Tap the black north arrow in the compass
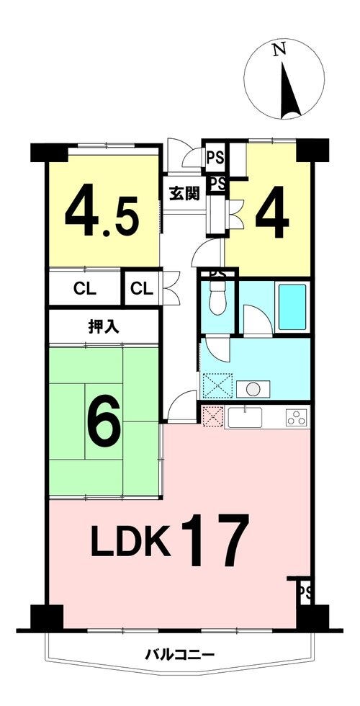[289, 89]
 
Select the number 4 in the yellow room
[272, 213]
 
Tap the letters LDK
[131, 545]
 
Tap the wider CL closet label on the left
[85, 290]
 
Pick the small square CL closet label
[142, 290]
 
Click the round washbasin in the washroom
[253, 389]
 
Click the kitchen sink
[245, 417]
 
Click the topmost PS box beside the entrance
[215, 158]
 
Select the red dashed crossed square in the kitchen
[212, 416]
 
